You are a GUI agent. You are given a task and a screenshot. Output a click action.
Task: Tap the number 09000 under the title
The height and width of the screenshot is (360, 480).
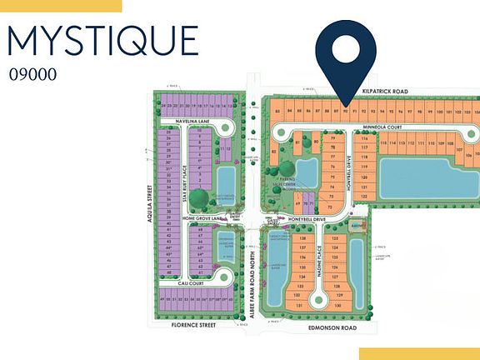click(x=32, y=73)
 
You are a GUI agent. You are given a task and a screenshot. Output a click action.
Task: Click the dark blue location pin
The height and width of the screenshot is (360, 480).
click(x=347, y=50)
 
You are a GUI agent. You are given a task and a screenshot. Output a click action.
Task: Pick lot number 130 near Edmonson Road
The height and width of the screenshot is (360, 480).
click(x=337, y=305)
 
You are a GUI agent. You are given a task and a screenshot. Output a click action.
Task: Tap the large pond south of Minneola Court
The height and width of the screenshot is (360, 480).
click(x=426, y=178)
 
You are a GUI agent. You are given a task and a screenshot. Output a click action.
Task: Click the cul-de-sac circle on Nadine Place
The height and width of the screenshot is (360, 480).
click(x=317, y=298)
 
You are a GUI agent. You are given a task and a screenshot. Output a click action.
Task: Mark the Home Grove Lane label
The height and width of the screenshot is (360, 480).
click(x=203, y=219)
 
